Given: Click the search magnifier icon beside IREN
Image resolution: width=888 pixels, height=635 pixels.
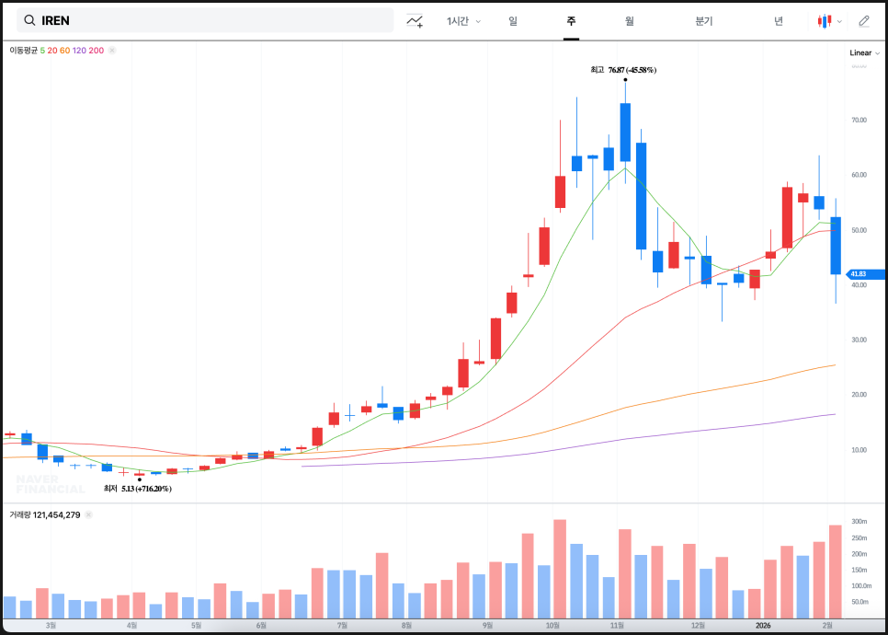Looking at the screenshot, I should (29, 20).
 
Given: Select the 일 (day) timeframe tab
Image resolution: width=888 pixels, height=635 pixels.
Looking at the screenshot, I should (513, 20).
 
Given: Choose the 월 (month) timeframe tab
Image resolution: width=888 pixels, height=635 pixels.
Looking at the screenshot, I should (630, 20).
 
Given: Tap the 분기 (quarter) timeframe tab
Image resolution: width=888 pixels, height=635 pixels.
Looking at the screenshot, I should (704, 20).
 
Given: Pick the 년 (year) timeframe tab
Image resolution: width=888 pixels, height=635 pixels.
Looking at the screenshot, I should (779, 20).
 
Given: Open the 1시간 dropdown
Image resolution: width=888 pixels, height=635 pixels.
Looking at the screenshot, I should (463, 20).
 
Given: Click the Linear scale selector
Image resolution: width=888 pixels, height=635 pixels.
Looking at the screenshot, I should (864, 53).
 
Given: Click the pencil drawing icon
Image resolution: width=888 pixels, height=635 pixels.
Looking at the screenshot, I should (863, 20).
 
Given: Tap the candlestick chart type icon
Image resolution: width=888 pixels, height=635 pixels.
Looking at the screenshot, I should (826, 20).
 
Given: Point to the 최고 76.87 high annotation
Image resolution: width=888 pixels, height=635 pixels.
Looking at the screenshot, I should (623, 70).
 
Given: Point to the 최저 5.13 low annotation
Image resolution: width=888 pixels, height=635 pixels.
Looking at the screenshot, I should (138, 489).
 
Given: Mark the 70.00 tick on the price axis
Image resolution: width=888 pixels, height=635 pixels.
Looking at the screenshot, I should (859, 120).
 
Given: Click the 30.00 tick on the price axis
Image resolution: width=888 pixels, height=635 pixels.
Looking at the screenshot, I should (859, 340).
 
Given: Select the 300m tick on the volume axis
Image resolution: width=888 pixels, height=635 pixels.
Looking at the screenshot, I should (860, 522).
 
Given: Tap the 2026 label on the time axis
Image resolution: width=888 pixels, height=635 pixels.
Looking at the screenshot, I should (762, 625).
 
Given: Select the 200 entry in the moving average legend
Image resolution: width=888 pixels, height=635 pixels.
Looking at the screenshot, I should (97, 51).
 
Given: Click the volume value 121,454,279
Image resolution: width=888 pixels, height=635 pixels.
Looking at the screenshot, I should (56, 514).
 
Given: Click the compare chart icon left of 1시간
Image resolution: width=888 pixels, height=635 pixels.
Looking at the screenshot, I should (416, 20).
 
